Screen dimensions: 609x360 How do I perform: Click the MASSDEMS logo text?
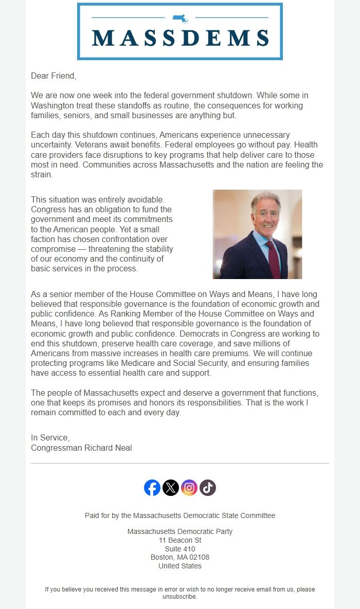pyautogui.click(x=180, y=38)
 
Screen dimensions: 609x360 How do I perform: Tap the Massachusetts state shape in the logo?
pyautogui.click(x=180, y=19)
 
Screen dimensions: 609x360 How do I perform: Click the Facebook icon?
pyautogui.click(x=152, y=488)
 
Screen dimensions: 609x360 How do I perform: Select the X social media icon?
pyautogui.click(x=171, y=488)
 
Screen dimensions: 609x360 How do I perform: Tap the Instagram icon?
pyautogui.click(x=189, y=488)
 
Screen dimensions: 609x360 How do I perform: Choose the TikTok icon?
pyautogui.click(x=208, y=488)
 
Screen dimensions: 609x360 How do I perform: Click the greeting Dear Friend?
pyautogui.click(x=53, y=76)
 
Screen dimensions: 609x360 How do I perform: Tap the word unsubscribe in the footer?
pyautogui.click(x=179, y=597)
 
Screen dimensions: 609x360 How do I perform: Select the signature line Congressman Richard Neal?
pyautogui.click(x=81, y=448)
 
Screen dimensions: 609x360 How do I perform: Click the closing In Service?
pyautogui.click(x=50, y=437)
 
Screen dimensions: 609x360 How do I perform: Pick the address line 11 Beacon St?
pyautogui.click(x=180, y=540)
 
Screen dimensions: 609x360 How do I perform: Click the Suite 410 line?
pyautogui.click(x=180, y=549)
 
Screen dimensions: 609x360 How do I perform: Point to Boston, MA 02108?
pyautogui.click(x=180, y=557)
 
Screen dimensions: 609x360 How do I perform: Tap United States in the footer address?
pyautogui.click(x=180, y=566)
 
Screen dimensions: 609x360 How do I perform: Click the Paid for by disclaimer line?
pyautogui.click(x=180, y=515)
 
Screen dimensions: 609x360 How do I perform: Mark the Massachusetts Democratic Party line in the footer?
pyautogui.click(x=180, y=531)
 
